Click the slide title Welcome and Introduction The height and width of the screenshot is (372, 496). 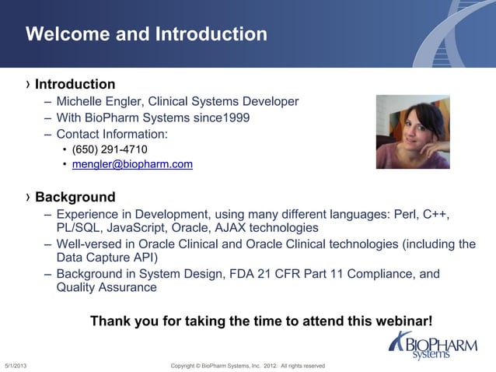pyautogui.click(x=146, y=34)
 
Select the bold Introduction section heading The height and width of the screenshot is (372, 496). pyautogui.click(x=75, y=84)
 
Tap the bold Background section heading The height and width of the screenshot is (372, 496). pyautogui.click(x=75, y=197)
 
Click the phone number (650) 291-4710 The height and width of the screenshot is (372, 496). pyautogui.click(x=110, y=149)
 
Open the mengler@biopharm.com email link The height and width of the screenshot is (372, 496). pyautogui.click(x=132, y=165)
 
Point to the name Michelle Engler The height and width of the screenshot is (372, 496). pyautogui.click(x=98, y=102)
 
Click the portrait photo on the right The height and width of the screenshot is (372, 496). pyautogui.click(x=412, y=132)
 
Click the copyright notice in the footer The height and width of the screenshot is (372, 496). pyautogui.click(x=247, y=366)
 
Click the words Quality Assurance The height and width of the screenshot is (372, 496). pyautogui.click(x=107, y=288)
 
